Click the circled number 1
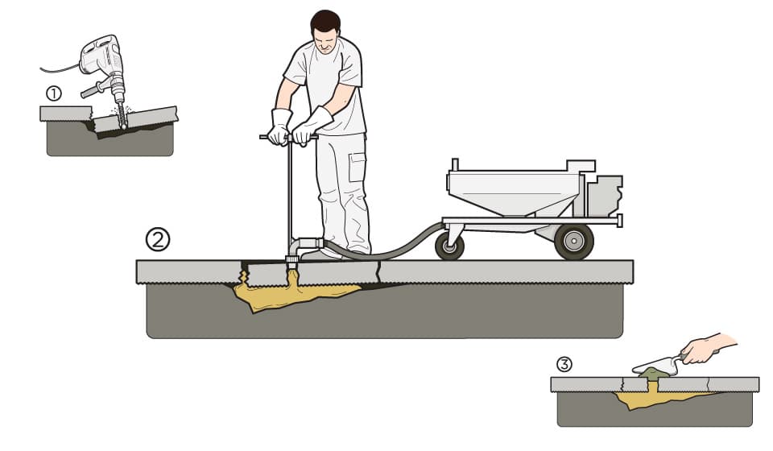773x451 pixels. [x=54, y=93]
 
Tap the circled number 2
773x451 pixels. [x=158, y=239]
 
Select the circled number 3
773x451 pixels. [x=564, y=364]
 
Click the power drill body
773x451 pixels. [x=101, y=56]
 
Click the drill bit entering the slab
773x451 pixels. [x=120, y=114]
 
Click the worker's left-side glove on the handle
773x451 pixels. [x=279, y=127]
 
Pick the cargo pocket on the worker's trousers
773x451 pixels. [x=357, y=167]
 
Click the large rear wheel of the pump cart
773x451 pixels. [x=574, y=242]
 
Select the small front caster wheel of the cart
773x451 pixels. [x=449, y=246]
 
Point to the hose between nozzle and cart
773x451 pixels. [x=385, y=252]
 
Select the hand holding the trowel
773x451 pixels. [x=705, y=350]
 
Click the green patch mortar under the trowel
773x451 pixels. [x=654, y=373]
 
